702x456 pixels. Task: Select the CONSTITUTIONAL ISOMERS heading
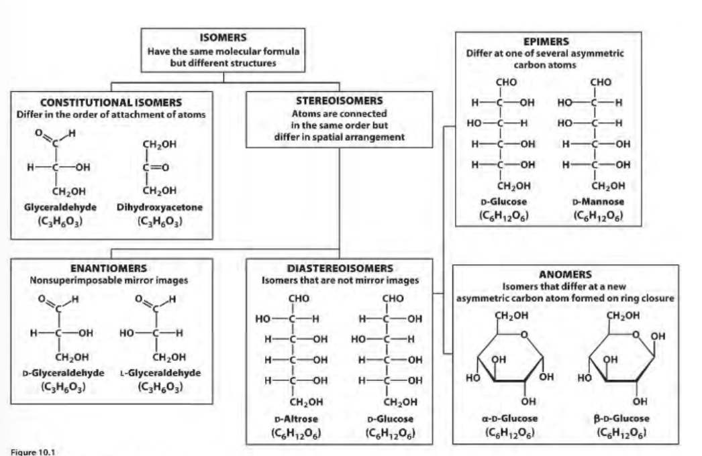[x=111, y=103]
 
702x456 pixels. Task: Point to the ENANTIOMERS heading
[x=109, y=268]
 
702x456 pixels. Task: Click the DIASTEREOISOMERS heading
[x=340, y=268]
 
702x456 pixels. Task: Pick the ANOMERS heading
[x=565, y=274]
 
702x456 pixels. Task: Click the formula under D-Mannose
[x=598, y=216]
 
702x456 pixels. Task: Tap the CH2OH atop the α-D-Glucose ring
[x=509, y=315]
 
